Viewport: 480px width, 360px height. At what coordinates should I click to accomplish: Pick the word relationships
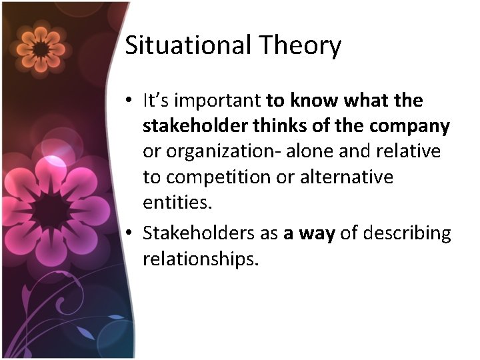(200, 259)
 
